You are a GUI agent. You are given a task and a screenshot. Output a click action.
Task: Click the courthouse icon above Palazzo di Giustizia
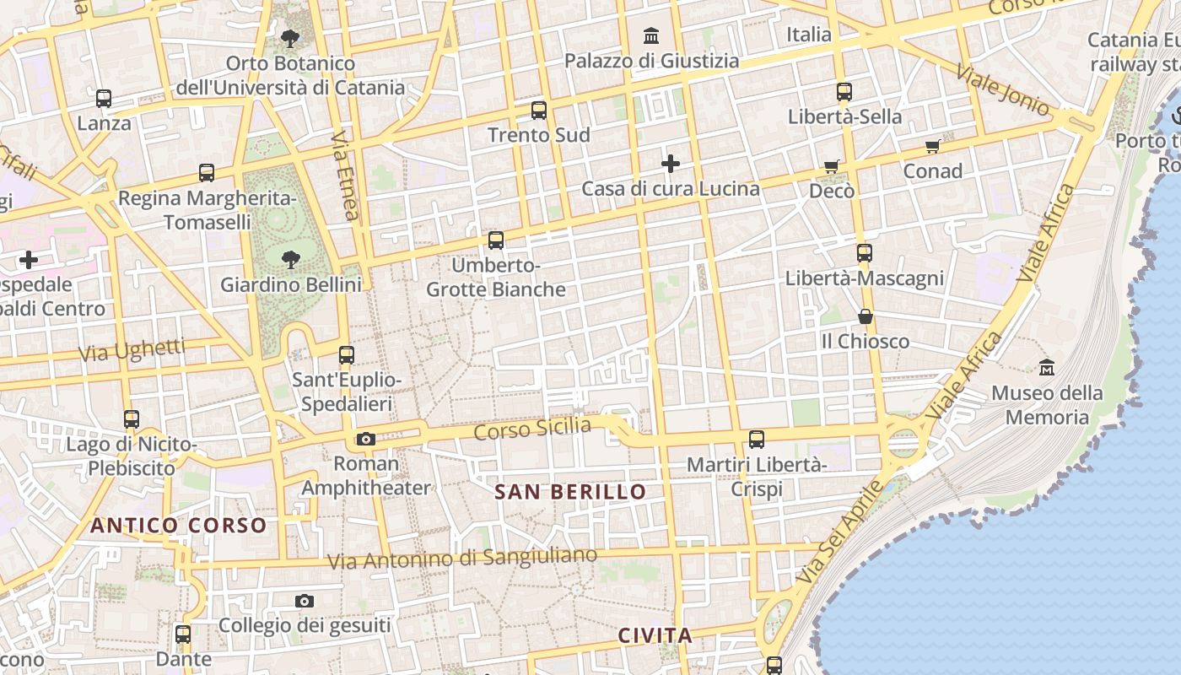tap(651, 35)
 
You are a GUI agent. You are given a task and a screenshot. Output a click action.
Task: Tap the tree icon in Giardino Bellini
tap(291, 259)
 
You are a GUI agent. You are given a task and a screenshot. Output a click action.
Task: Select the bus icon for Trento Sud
tap(539, 110)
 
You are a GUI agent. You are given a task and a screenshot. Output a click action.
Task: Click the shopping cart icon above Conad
tap(933, 147)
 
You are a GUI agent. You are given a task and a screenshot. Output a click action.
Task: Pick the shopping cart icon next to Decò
tap(832, 166)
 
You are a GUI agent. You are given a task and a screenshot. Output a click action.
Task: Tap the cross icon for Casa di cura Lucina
tap(671, 163)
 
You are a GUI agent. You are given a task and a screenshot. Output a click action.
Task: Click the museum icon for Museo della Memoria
tap(1047, 367)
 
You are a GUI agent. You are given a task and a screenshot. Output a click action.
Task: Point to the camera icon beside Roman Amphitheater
tap(365, 439)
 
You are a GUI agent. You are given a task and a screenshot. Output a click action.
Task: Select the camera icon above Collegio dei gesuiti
tap(305, 601)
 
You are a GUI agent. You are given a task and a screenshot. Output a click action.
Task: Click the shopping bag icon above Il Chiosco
tap(866, 316)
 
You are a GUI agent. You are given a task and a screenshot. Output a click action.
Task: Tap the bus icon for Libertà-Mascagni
tap(864, 252)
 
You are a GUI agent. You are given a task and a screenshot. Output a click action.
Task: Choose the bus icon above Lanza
tap(104, 99)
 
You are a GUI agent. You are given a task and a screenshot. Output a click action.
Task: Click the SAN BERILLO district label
tap(570, 492)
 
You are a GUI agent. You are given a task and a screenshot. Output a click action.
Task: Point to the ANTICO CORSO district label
tap(179, 526)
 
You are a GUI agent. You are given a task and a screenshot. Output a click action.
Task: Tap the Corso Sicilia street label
tap(532, 429)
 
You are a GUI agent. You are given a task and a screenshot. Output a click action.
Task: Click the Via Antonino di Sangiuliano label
tap(461, 558)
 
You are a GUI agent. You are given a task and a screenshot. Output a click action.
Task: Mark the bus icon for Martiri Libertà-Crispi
tap(757, 439)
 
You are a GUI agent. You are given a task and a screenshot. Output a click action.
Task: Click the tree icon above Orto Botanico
tap(290, 38)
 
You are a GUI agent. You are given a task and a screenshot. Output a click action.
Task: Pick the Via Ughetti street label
tap(132, 350)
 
